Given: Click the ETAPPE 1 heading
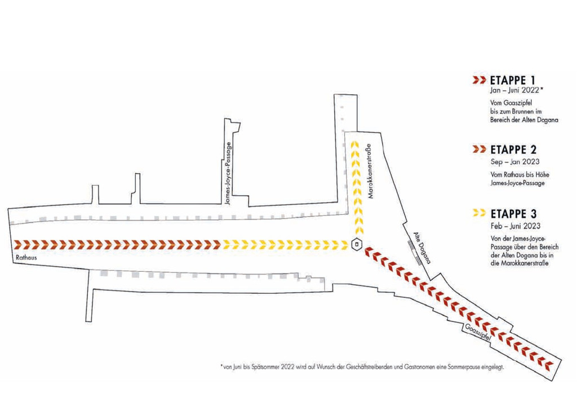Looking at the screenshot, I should pos(514,80).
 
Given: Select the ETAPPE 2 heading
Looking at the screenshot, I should pos(514,149).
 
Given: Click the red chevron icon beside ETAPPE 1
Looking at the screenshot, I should pos(479,80).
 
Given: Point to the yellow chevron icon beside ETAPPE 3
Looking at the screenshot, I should pos(479,213).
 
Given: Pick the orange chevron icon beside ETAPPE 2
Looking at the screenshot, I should pos(479,149).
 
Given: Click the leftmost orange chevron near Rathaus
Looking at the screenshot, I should pos(18,244).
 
